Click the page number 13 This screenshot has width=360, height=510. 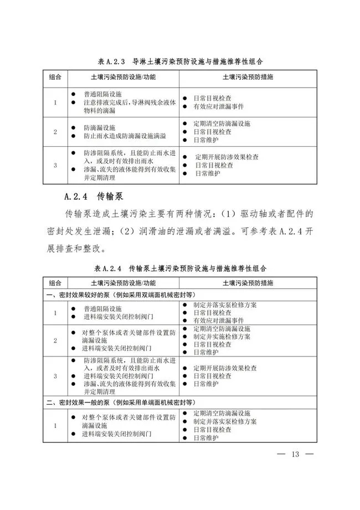(x=294, y=455)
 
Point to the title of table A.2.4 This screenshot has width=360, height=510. (x=181, y=268)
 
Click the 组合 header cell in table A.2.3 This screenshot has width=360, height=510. (x=55, y=76)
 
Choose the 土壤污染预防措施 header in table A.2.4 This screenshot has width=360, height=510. (x=248, y=283)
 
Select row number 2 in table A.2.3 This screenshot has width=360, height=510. (x=55, y=132)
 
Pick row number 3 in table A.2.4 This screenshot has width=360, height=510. (x=55, y=376)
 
